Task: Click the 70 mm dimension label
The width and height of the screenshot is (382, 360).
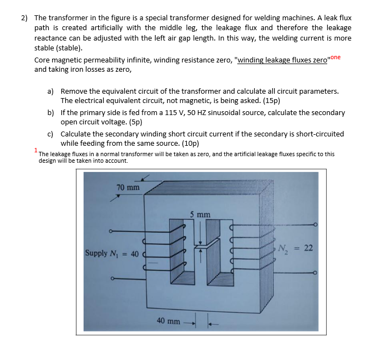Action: pos(128,188)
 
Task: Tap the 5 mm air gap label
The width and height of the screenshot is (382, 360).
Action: pos(200,214)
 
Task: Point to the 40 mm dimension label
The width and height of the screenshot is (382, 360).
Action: pos(168,320)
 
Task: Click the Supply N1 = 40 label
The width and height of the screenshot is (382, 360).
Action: pos(112,253)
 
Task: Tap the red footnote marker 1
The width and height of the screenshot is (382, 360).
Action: pos(36,150)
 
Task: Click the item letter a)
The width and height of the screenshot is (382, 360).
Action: pos(50,91)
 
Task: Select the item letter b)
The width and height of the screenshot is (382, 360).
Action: pos(50,112)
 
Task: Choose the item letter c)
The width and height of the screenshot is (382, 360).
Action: pos(50,134)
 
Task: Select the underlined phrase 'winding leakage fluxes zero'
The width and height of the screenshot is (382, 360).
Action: pos(281,60)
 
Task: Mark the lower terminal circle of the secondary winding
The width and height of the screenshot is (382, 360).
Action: pos(315,273)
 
